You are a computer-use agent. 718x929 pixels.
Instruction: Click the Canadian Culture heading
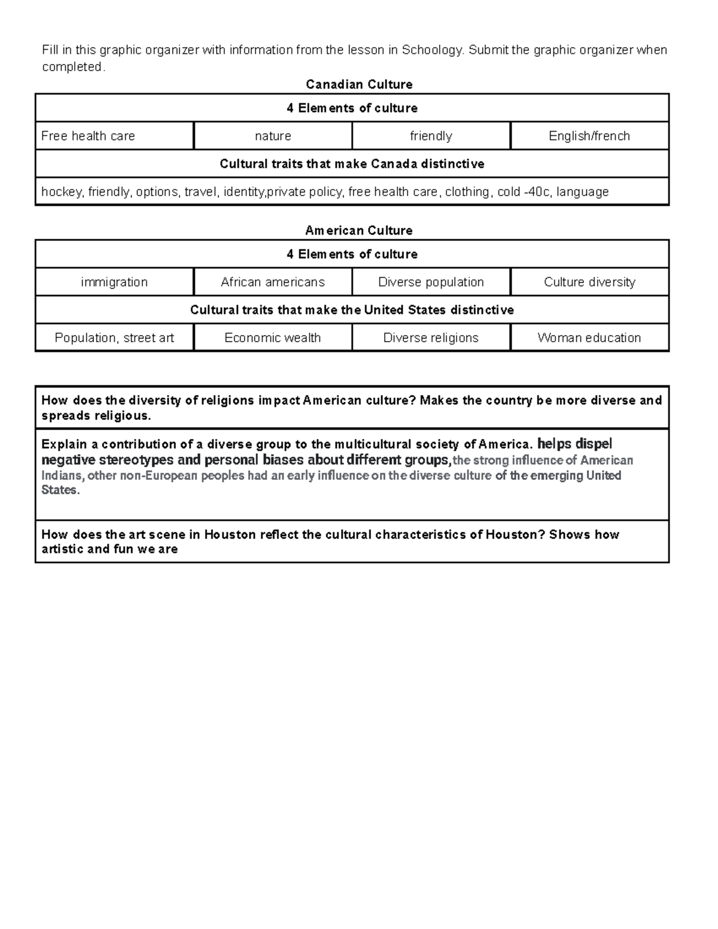359,84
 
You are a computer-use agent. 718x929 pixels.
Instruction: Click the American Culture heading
359,230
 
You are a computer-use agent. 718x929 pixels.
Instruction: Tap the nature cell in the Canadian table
273,136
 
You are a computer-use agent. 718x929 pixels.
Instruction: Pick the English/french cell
589,136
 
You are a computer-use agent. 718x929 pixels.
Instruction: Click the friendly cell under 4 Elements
431,136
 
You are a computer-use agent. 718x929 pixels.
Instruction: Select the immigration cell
114,282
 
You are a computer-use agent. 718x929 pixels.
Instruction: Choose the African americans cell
273,282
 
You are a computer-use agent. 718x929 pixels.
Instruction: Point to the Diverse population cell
431,282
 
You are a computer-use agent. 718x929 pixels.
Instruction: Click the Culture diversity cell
589,282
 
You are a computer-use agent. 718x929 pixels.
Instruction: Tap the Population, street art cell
114,337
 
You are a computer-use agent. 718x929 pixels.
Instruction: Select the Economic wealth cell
273,337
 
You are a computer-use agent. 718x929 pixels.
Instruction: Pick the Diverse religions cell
431,337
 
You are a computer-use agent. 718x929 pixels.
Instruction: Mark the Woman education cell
589,337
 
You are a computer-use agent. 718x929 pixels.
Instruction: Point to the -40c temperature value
537,192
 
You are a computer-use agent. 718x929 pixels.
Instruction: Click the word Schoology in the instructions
432,50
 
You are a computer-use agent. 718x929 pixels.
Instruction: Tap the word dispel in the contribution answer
593,444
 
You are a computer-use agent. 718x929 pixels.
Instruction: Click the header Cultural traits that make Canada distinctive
352,164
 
